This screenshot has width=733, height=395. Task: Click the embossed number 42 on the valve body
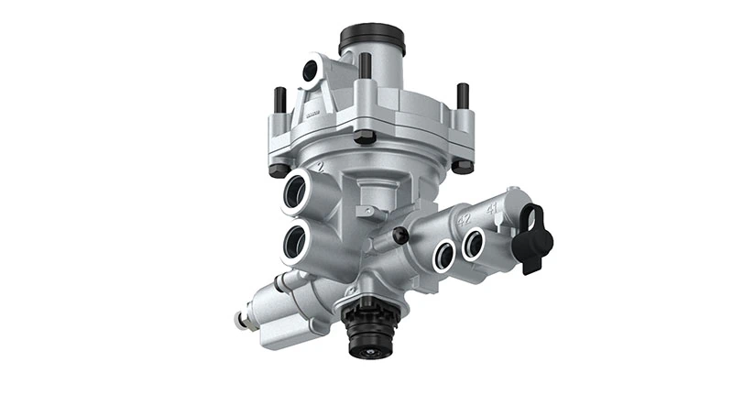pyautogui.click(x=464, y=220)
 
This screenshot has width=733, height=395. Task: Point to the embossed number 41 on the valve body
pyautogui.click(x=492, y=209)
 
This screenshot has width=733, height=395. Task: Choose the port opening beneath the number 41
pyautogui.click(x=474, y=242)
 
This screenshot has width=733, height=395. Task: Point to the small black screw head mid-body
pyautogui.click(x=399, y=236)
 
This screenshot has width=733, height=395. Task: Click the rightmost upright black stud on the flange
pyautogui.click(x=463, y=95)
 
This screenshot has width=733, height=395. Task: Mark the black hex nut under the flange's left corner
pyautogui.click(x=279, y=169)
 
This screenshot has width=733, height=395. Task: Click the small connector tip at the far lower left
pyautogui.click(x=241, y=320)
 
